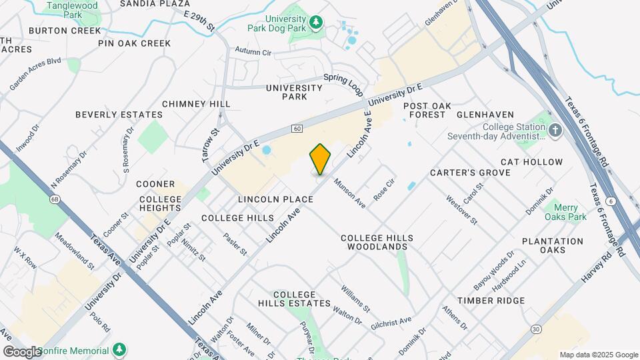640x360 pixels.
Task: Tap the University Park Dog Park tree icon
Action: click(317, 23)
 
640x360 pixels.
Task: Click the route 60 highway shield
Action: click(296, 128)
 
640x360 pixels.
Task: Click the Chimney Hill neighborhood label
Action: click(196, 104)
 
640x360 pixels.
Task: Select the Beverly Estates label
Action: click(119, 115)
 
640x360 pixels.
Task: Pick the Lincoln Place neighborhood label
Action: click(275, 199)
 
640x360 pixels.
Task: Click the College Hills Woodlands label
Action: click(377, 242)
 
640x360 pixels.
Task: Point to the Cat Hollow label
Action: click(531, 162)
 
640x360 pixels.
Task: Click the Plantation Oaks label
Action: click(553, 245)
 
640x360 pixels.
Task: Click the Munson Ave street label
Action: click(349, 193)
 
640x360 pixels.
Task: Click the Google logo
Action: click(21, 351)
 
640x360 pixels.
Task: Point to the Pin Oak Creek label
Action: click(134, 43)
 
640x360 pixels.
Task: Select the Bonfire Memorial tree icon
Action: click(119, 350)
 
